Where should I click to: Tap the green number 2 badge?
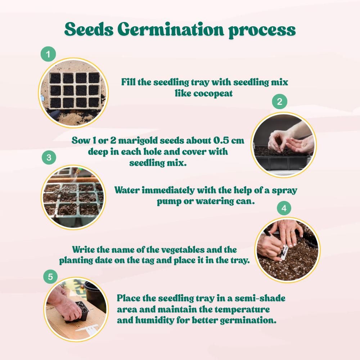coord(280,102)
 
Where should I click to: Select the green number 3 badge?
coord(49,157)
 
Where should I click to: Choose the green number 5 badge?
coord(50,277)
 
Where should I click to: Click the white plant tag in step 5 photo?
coord(88,329)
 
